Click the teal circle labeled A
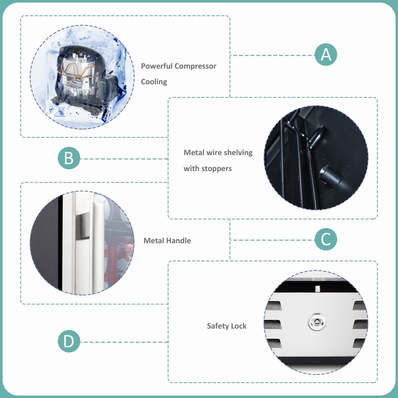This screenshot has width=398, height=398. [326, 55]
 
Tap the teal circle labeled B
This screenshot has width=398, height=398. [69, 158]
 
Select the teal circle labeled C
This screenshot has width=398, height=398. [326, 239]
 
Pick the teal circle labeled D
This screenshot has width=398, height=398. [69, 341]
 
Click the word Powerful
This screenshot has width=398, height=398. [156, 66]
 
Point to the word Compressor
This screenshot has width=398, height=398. [195, 66]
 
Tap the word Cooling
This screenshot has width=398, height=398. [154, 82]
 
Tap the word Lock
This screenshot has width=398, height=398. [238, 326]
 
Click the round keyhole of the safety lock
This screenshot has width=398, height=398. [316, 322]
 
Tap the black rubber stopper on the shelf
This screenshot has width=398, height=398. [330, 176]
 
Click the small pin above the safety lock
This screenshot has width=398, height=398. [317, 289]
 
